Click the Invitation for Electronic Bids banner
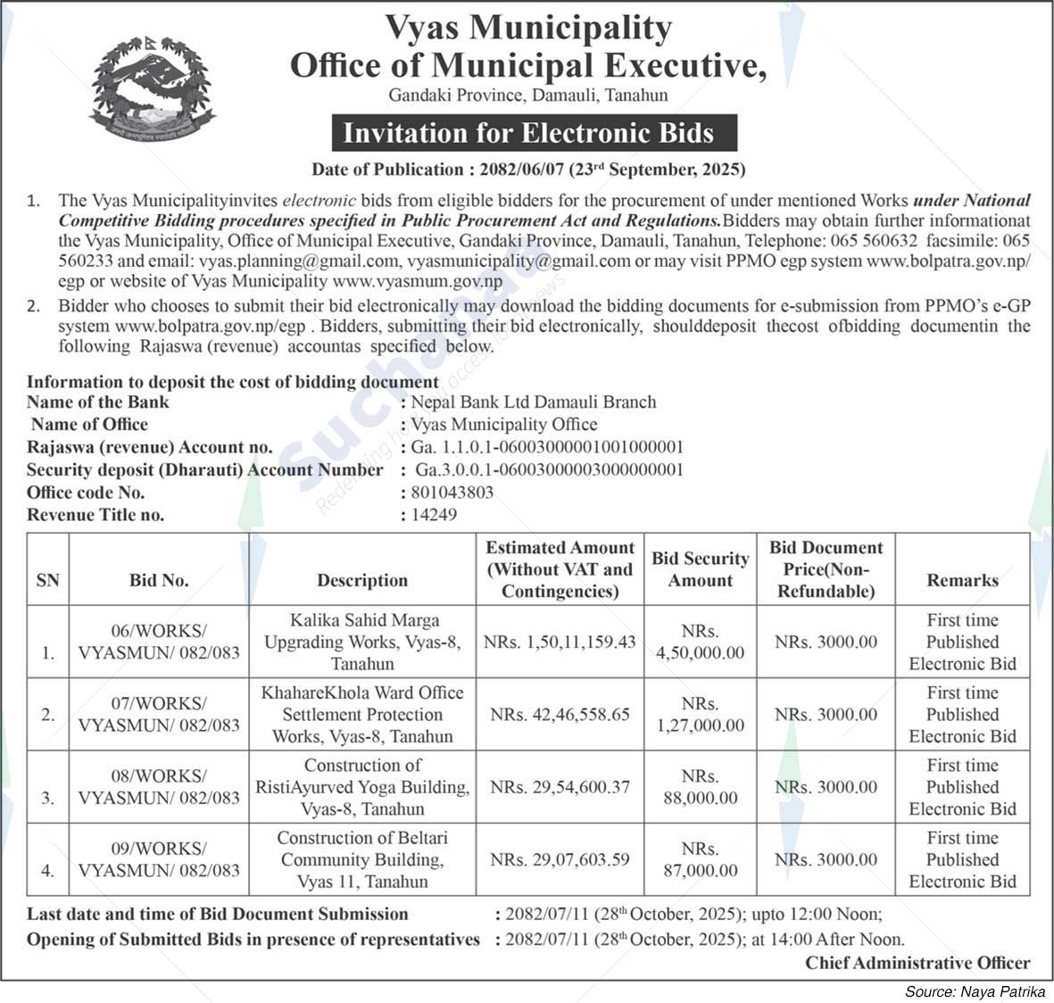point(528,133)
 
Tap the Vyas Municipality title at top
point(527,29)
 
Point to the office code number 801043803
point(452,493)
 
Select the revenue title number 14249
point(434,515)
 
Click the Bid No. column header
point(159,580)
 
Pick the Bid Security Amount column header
point(701,569)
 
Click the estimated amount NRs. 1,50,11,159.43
point(560,642)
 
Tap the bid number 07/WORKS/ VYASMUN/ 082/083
point(159,715)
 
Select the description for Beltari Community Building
point(362,859)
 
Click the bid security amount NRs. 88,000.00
point(701,787)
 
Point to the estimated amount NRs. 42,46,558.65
point(560,715)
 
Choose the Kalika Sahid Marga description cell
point(362,642)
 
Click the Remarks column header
point(962,580)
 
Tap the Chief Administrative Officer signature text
point(917,963)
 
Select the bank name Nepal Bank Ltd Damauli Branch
point(533,402)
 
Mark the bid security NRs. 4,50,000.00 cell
point(701,642)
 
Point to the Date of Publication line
point(528,170)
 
